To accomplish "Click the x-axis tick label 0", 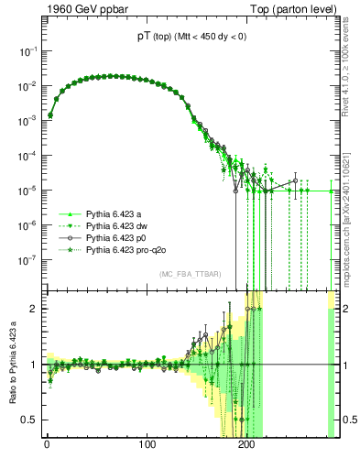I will [47, 446].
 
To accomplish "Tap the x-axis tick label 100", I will [147, 446].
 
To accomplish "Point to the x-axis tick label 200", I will [245, 446].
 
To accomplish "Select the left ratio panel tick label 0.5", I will [30, 420].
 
